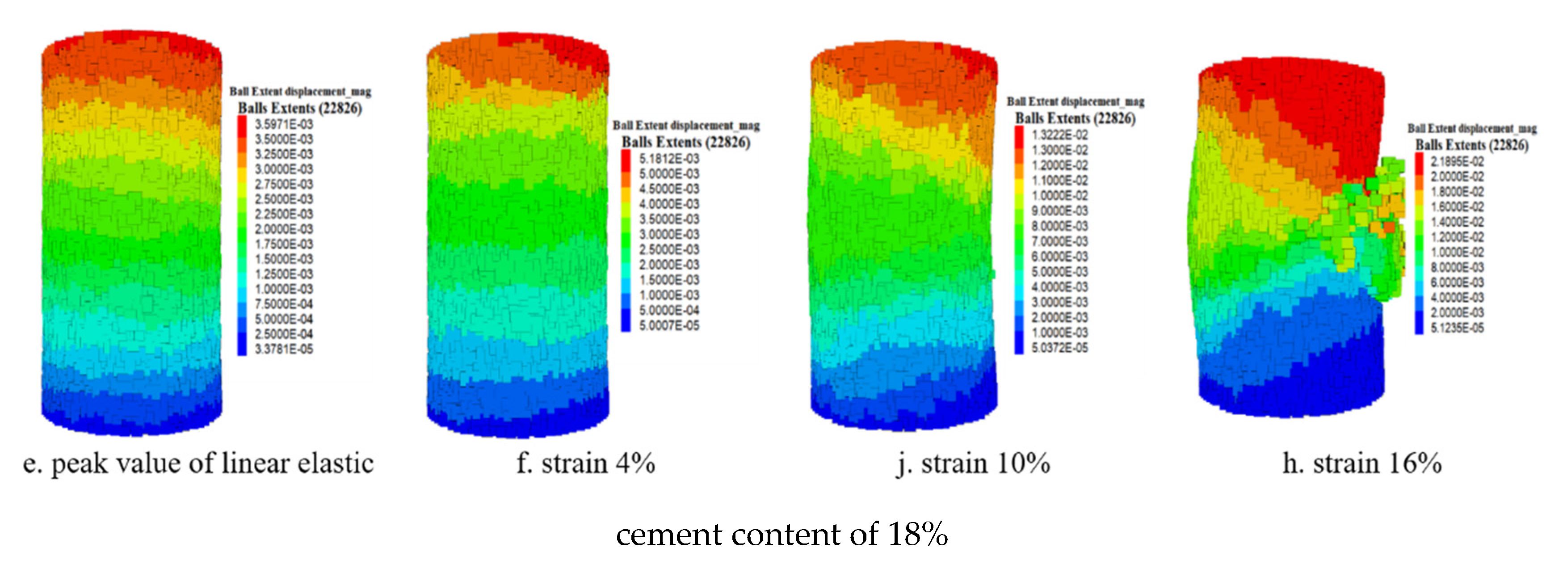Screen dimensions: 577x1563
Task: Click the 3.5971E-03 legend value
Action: coord(283,124)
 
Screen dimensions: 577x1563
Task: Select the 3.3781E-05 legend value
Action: coord(283,349)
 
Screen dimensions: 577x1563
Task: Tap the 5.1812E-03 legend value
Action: coord(668,158)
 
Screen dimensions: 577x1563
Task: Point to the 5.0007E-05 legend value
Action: coord(668,325)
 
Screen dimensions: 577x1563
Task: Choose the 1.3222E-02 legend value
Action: coord(1059,135)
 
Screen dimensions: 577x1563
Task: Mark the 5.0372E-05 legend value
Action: coord(1059,348)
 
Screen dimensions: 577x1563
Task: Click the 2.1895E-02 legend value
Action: coord(1457,161)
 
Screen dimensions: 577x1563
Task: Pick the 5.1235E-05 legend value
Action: coord(1457,328)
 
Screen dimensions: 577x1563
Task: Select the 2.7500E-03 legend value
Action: coord(283,184)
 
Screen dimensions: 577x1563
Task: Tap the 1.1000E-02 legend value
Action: coord(1059,180)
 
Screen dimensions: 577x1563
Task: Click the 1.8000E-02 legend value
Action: coord(1457,192)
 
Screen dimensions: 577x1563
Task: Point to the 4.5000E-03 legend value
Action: coord(668,189)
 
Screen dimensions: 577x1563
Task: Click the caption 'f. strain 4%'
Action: coord(585,463)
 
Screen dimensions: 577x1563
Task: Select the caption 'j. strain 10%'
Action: coord(973,463)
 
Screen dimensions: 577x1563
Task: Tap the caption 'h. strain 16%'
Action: coord(1361,463)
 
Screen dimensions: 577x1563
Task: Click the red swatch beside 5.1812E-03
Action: coord(626,158)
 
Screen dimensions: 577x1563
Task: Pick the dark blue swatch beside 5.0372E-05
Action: coord(1019,348)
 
